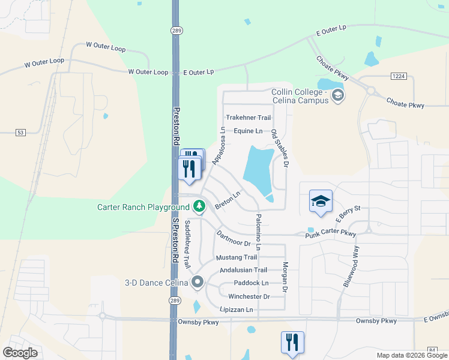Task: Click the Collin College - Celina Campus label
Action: tap(300, 96)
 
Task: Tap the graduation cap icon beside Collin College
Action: tap(337, 95)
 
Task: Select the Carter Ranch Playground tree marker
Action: tap(199, 207)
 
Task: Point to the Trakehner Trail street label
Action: tap(249, 118)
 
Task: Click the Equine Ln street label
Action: tap(248, 131)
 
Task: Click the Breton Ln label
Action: tap(228, 200)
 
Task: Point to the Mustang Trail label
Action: tap(236, 257)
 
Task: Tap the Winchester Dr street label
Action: tap(249, 296)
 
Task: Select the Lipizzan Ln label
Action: tap(237, 310)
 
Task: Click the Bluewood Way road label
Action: tap(351, 267)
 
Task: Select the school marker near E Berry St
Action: tap(321, 201)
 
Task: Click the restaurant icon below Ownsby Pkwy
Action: tap(292, 343)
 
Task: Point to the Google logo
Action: tap(20, 353)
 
